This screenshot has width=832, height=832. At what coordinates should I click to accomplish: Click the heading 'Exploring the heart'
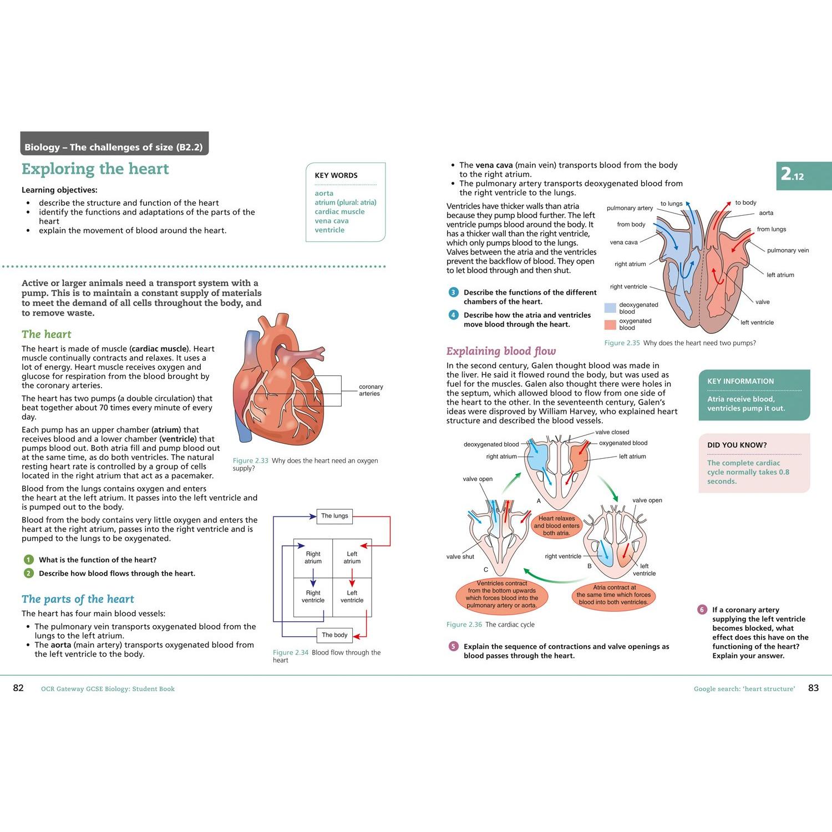pos(95,169)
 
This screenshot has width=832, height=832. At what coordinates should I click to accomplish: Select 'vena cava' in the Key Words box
pos(332,221)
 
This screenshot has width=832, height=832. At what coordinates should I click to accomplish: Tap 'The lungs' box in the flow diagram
pos(334,516)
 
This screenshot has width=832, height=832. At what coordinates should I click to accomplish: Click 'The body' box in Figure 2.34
pos(334,635)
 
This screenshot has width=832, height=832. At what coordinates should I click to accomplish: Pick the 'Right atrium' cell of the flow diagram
pos(313,558)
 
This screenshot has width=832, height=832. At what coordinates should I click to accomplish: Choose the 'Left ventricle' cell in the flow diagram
pos(352,597)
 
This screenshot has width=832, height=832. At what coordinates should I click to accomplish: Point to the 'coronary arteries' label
pos(371,390)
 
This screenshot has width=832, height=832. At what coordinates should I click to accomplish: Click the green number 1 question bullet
pos(29,560)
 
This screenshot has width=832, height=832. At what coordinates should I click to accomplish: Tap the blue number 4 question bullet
pos(453,315)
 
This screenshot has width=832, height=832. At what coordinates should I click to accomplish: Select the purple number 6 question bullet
pos(702,610)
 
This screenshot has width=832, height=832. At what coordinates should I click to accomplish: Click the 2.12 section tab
pos(804,176)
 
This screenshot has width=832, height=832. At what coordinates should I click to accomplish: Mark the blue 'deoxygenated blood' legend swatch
pos(610,308)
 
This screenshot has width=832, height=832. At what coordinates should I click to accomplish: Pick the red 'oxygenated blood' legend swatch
pos(610,324)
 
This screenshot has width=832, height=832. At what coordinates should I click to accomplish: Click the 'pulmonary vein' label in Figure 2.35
pos(788,250)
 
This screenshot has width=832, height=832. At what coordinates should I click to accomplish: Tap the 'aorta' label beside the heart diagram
pos(766,213)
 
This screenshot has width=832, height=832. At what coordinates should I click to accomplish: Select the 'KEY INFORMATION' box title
pos(740,381)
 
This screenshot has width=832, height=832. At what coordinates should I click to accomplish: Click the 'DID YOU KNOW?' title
pos(737,445)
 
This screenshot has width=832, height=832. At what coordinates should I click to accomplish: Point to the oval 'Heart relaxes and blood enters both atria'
pos(556,526)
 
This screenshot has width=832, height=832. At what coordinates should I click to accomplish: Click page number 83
pos(813,688)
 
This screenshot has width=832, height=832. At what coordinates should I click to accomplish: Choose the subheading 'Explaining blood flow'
pos(501,351)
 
